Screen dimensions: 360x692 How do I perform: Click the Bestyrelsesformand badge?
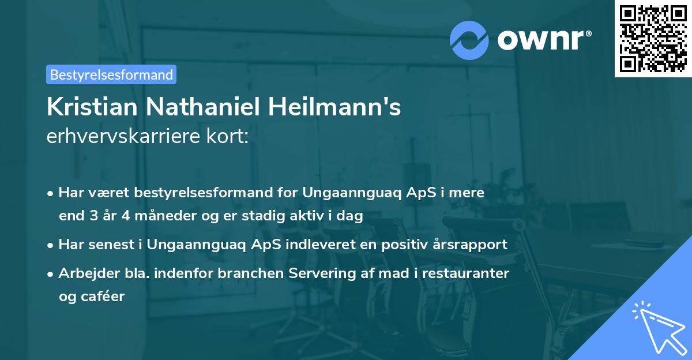tap(111, 74)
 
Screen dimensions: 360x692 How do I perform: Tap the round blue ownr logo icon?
tap(469, 40)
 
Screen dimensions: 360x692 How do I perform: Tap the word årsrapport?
tap(474, 244)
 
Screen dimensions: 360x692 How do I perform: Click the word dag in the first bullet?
tap(351, 216)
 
